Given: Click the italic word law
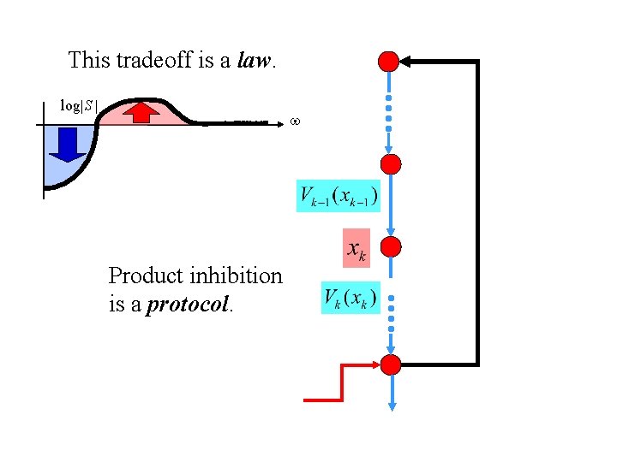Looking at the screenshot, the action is [254, 61].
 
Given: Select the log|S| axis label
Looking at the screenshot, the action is [78, 106].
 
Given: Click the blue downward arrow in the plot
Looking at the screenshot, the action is [68, 145].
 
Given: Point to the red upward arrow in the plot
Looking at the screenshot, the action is [141, 112].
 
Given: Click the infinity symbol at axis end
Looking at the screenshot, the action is [295, 121].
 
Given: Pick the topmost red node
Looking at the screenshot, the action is [388, 62].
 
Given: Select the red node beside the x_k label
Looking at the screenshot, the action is [391, 246].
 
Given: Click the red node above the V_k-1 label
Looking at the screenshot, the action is [391, 164].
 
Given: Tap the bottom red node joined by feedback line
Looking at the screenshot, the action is [391, 365].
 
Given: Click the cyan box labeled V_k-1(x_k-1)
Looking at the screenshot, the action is [338, 196].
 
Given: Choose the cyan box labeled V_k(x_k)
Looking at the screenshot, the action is [350, 298].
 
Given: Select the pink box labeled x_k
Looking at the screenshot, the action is [356, 248].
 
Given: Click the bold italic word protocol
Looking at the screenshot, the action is [188, 304].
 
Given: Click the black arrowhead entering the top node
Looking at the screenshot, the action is [405, 62].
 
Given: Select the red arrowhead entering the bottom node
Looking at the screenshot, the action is [375, 365].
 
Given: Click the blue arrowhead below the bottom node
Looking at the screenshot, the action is [392, 406].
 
